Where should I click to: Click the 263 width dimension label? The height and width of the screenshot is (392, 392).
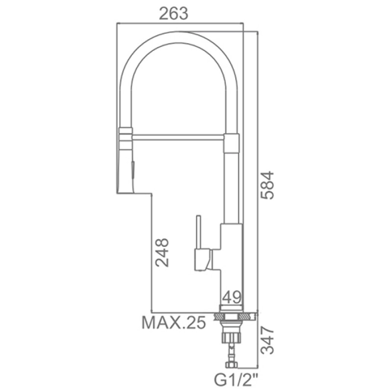[173, 14]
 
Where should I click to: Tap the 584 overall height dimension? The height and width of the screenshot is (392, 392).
[267, 185]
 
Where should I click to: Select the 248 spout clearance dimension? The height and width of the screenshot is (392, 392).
[162, 252]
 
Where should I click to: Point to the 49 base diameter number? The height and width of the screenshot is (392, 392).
[231, 297]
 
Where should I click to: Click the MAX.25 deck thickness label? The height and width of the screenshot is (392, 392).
[174, 322]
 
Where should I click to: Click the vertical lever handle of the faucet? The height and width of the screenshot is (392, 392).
[199, 232]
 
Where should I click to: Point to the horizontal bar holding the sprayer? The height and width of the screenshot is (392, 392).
[178, 137]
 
